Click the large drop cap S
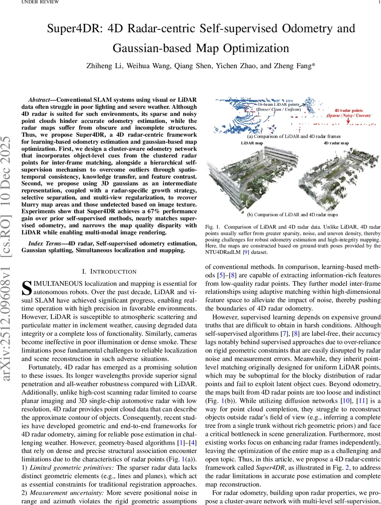click(26, 288)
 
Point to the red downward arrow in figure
click(349, 122)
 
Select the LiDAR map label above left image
click(252, 143)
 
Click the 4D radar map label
click(336, 143)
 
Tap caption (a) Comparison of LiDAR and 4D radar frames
click(294, 136)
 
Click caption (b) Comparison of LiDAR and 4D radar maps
click(294, 215)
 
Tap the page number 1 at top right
click(379, 2)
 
